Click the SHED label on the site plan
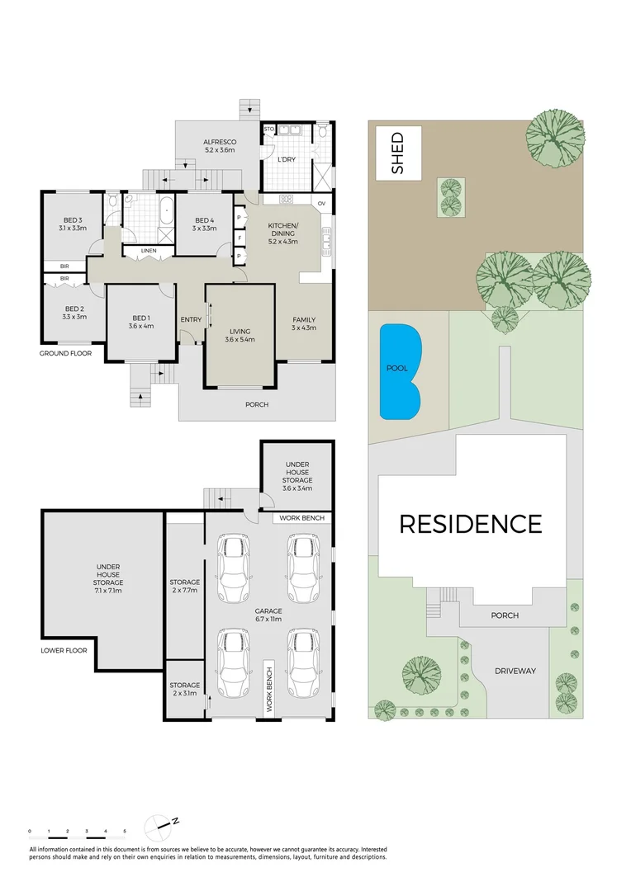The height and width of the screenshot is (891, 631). [397, 153]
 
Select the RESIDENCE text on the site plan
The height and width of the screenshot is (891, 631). [471, 524]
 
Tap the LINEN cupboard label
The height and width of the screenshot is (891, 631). [148, 250]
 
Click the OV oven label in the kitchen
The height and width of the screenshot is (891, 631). [321, 203]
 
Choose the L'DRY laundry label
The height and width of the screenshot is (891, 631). [287, 158]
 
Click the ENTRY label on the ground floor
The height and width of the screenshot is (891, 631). [190, 319]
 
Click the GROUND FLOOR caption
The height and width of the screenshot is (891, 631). [65, 353]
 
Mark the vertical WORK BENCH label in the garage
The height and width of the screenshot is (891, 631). [269, 687]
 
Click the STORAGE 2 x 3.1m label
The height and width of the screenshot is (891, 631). [184, 690]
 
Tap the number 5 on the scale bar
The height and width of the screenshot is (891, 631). [125, 831]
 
